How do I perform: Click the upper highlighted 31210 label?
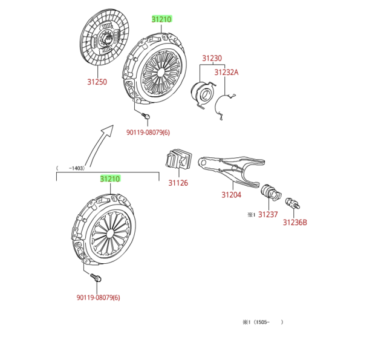161,19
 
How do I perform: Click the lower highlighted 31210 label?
109,179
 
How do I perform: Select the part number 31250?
97,82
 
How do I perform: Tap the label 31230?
212,59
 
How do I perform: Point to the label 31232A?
227,73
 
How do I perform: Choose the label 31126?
178,183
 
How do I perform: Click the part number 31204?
231,195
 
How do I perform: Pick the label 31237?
268,214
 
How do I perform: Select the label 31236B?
295,222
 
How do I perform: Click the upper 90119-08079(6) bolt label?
148,133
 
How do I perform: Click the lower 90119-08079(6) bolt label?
98,297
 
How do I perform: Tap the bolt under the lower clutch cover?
96,278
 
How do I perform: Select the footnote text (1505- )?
263,322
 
